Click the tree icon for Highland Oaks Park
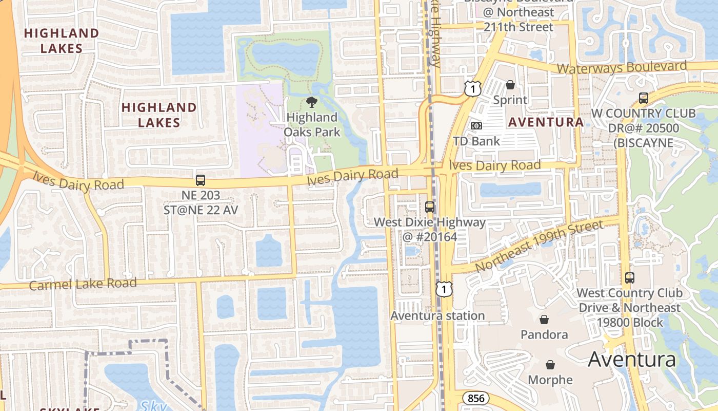(311, 102)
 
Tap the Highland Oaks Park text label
(312, 125)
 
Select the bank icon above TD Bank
(476, 125)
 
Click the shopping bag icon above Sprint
(510, 85)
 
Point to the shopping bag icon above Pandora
(544, 320)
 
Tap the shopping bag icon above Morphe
(550, 365)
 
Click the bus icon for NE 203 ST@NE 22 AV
(201, 180)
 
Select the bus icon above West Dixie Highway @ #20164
(430, 207)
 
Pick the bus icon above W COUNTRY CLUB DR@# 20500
(643, 98)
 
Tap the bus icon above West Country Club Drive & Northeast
(629, 278)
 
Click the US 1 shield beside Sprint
(473, 88)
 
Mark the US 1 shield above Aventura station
(444, 289)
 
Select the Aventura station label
(437, 315)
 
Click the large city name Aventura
(632, 359)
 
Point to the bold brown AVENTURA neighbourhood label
(546, 122)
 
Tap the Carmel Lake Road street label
(83, 284)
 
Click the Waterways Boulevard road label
(622, 67)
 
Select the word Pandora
(544, 334)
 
